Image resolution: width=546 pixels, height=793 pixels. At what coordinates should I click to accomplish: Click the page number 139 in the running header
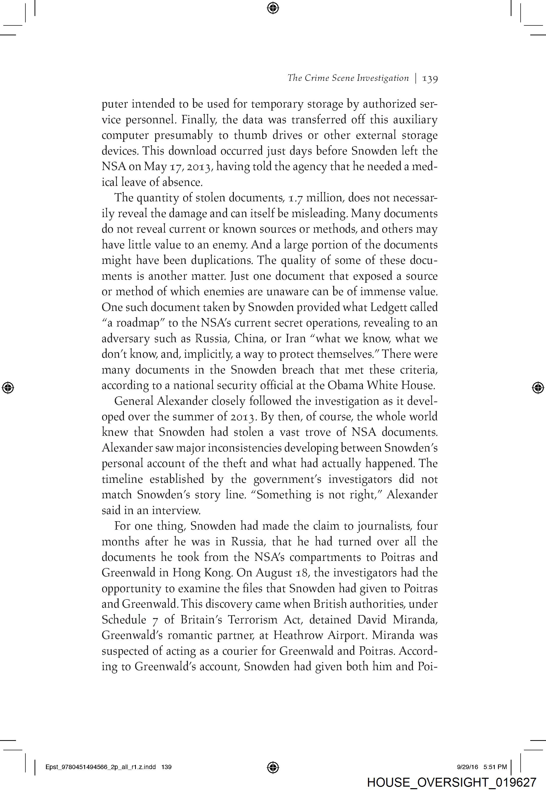[x=430, y=78]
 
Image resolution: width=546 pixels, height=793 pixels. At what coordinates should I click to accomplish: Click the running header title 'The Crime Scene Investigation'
[x=348, y=78]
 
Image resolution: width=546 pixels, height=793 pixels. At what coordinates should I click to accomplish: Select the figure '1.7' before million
[x=296, y=198]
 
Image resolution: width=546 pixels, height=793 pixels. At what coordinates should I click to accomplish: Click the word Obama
[x=346, y=385]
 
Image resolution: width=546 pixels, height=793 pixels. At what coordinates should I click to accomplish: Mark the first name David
[x=373, y=619]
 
